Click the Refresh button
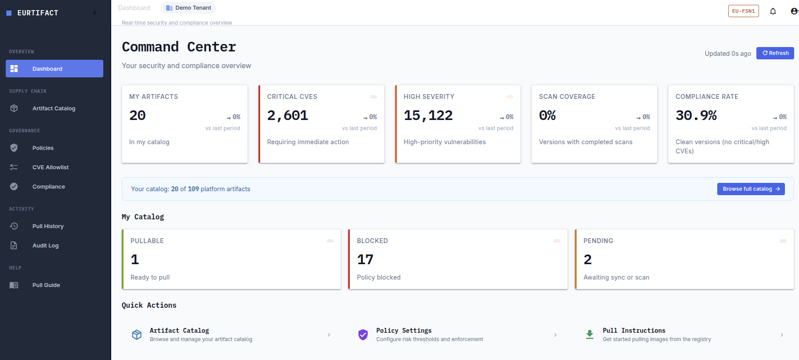click(x=775, y=53)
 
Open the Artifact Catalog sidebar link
click(x=54, y=108)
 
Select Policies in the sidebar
click(x=43, y=148)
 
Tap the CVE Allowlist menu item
click(x=51, y=167)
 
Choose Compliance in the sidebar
click(x=49, y=186)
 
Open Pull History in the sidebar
click(x=48, y=226)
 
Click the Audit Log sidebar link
click(x=45, y=245)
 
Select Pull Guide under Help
click(x=46, y=285)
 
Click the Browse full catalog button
click(x=751, y=189)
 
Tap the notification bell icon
click(x=773, y=11)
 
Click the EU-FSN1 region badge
click(x=744, y=11)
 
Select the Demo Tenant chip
click(x=189, y=8)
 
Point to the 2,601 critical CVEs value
click(x=287, y=115)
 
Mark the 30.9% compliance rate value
click(x=696, y=115)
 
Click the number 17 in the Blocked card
click(x=365, y=259)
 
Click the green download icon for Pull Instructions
click(x=590, y=335)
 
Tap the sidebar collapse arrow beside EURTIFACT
click(x=94, y=13)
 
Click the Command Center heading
click(x=179, y=47)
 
